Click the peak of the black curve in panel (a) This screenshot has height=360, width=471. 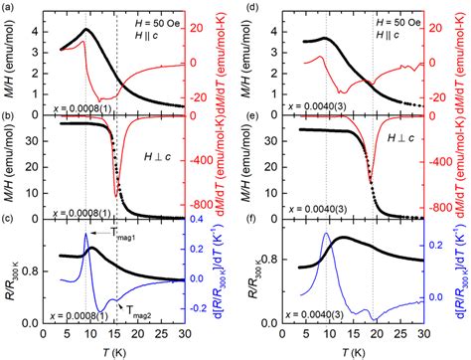point(88,30)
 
